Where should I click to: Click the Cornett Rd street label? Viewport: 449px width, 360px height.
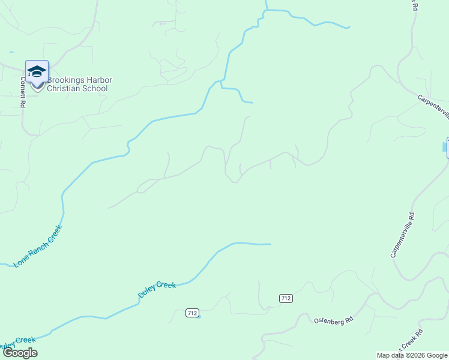(x=23, y=91)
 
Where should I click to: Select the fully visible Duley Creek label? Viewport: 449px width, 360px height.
(x=157, y=289)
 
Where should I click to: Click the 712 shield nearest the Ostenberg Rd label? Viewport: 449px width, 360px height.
(x=286, y=298)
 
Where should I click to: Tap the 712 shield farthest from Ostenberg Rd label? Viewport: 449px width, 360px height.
(x=192, y=313)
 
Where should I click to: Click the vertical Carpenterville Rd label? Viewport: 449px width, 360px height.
(x=402, y=235)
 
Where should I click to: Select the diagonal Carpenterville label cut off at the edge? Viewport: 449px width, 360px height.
(x=433, y=106)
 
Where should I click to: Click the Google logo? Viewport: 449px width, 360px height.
(x=20, y=353)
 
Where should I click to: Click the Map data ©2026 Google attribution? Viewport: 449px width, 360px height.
(x=412, y=355)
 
